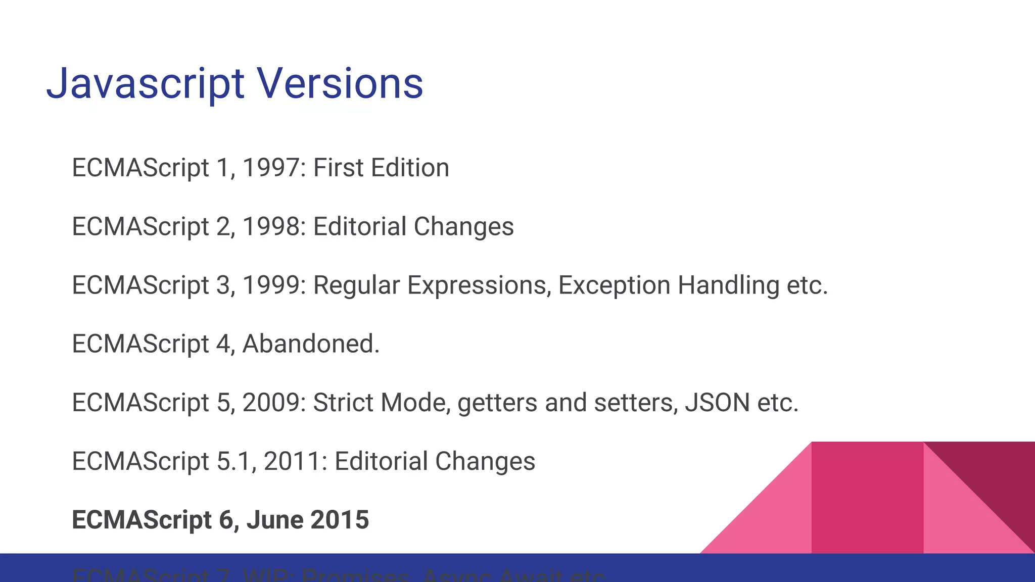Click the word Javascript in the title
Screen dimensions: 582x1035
pyautogui.click(x=146, y=84)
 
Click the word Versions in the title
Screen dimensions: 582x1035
pyautogui.click(x=340, y=84)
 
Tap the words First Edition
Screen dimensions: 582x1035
pyautogui.click(x=381, y=168)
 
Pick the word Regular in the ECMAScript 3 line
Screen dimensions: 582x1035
pyautogui.click(x=356, y=285)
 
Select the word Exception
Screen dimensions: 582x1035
pyautogui.click(x=614, y=285)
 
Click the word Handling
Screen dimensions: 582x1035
pyautogui.click(x=728, y=285)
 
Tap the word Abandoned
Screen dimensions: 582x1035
pyautogui.click(x=310, y=344)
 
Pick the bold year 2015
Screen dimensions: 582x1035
pyautogui.click(x=340, y=520)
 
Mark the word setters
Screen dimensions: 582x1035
pyautogui.click(x=635, y=403)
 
